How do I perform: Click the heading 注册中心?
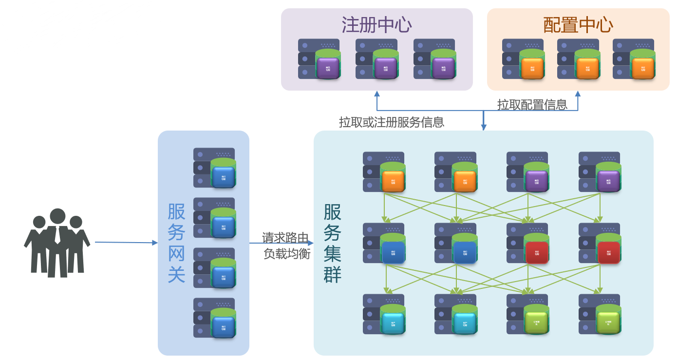tap(376, 25)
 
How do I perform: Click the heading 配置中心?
tap(578, 25)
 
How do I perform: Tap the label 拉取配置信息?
tap(532, 104)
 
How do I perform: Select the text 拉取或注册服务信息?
tap(391, 122)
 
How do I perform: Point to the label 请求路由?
tap(285, 238)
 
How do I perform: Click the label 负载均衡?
tap(286, 254)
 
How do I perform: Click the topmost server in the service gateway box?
tap(215, 168)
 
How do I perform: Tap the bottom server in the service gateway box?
tap(215, 318)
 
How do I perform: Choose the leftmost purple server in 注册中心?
tap(320, 59)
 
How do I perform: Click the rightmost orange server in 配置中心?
tap(634, 59)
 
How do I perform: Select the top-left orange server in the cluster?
tap(384, 172)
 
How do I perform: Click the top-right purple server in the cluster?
tap(600, 172)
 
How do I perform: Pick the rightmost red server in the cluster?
tap(600, 244)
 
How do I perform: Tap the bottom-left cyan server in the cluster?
tap(384, 315)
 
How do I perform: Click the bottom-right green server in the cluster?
tap(600, 315)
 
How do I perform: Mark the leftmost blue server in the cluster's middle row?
tap(384, 244)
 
